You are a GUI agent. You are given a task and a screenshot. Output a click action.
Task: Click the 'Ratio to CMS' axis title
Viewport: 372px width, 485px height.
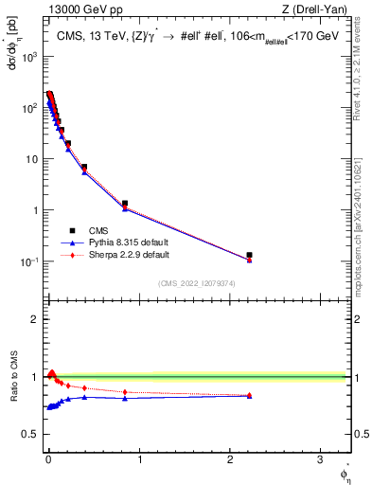[14, 391]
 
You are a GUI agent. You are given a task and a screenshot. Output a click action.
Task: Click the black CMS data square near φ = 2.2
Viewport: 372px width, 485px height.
[250, 255]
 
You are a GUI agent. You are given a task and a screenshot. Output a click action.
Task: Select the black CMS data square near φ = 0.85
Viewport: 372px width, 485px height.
[125, 204]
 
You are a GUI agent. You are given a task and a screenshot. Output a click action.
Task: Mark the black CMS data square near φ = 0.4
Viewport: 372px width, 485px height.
[84, 168]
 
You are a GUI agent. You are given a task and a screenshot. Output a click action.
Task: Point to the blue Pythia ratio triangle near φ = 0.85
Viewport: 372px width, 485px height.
[125, 398]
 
